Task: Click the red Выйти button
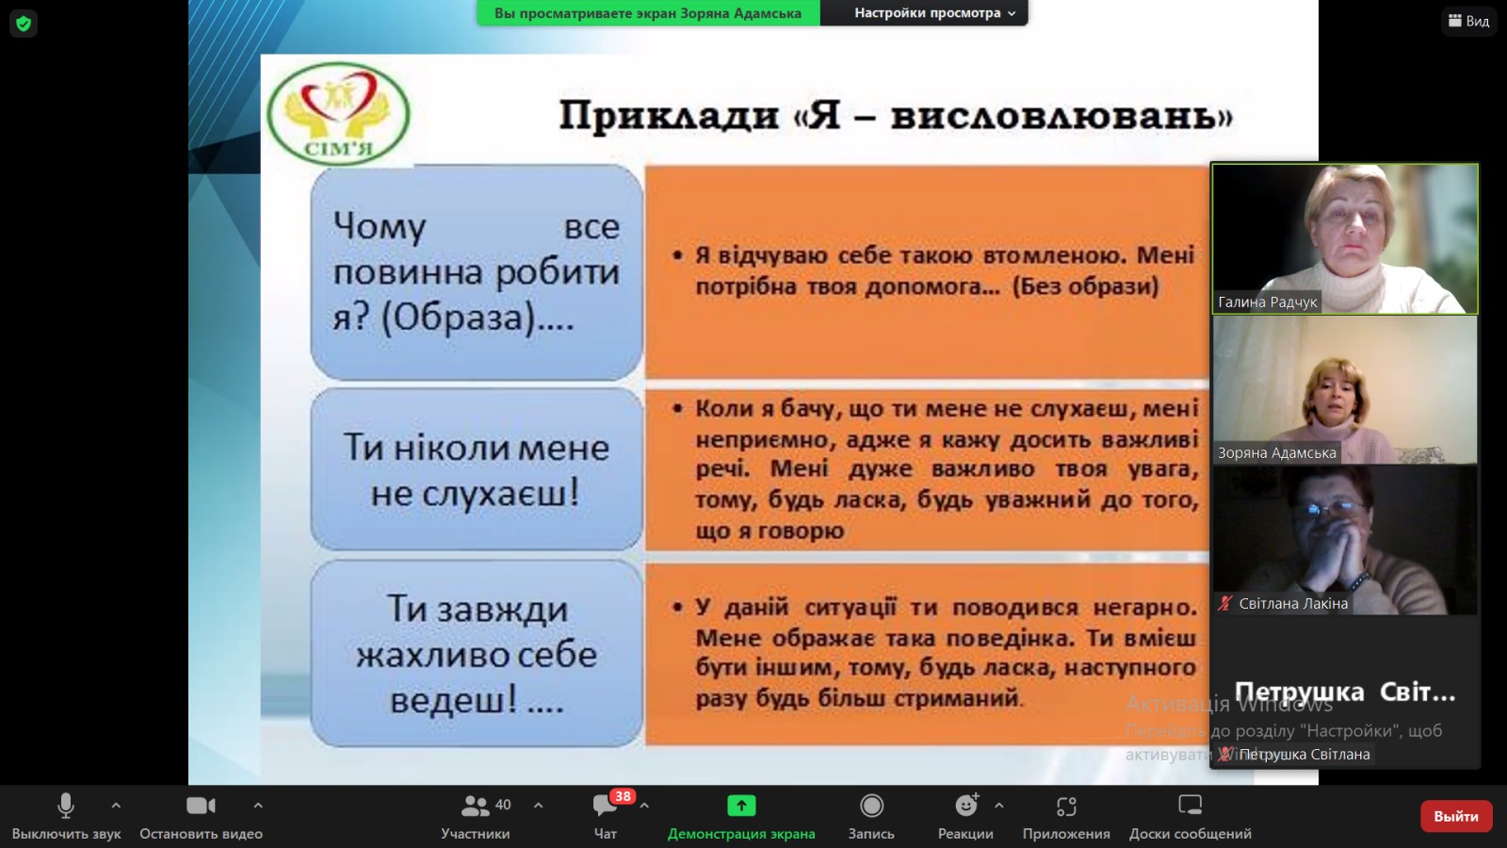1455,816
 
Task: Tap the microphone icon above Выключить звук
66,806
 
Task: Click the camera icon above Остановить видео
201,806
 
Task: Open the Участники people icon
475,806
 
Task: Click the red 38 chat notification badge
623,796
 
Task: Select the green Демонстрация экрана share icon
741,806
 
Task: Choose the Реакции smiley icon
965,806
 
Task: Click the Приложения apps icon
1066,806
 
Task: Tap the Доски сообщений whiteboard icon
1191,806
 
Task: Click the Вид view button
1469,21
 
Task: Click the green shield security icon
24,24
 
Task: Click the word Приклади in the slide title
669,116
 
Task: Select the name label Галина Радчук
1267,302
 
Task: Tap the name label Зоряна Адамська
1276,453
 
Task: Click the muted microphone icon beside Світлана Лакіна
1224,604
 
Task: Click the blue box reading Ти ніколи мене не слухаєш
476,469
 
